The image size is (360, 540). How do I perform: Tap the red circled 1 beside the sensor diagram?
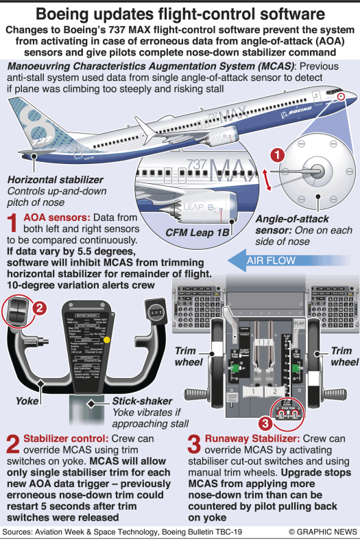275,155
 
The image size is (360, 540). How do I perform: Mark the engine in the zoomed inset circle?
199,209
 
